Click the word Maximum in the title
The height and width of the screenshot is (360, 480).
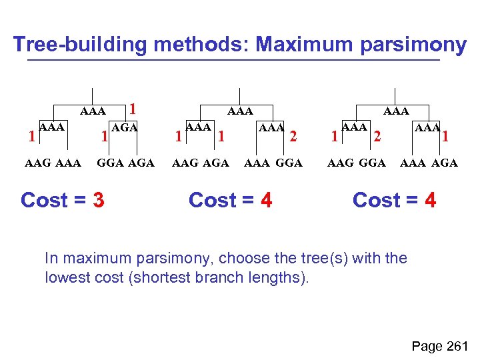[298, 45]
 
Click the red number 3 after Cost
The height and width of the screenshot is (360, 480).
[98, 199]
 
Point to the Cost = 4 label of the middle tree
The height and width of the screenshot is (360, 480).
[231, 199]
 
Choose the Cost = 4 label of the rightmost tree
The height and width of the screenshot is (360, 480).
[394, 199]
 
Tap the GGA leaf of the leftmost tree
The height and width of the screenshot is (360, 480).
[110, 163]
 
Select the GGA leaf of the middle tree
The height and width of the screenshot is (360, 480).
[289, 163]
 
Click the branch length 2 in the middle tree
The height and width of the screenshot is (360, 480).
[293, 136]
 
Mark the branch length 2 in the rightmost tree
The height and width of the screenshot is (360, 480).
[377, 136]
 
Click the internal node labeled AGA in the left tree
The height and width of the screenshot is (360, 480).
[125, 127]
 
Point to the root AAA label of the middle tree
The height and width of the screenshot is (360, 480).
[240, 111]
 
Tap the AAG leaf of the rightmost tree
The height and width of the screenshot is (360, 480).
[340, 163]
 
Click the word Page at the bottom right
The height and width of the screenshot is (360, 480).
[427, 346]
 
